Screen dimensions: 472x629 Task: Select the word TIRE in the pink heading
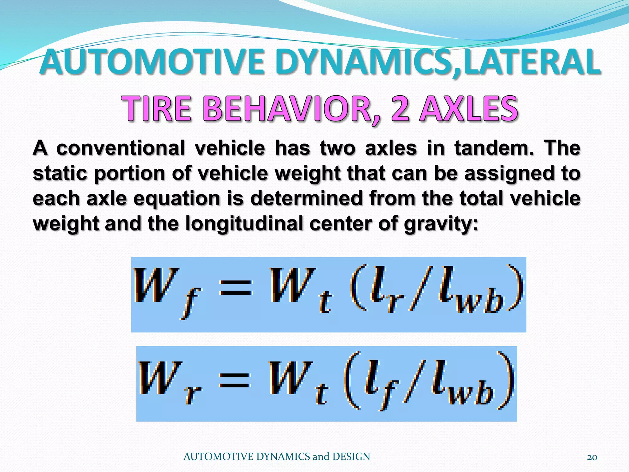(x=157, y=109)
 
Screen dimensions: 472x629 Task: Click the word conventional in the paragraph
(x=121, y=148)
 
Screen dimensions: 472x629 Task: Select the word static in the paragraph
(x=60, y=174)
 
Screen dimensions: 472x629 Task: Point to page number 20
(x=592, y=457)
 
